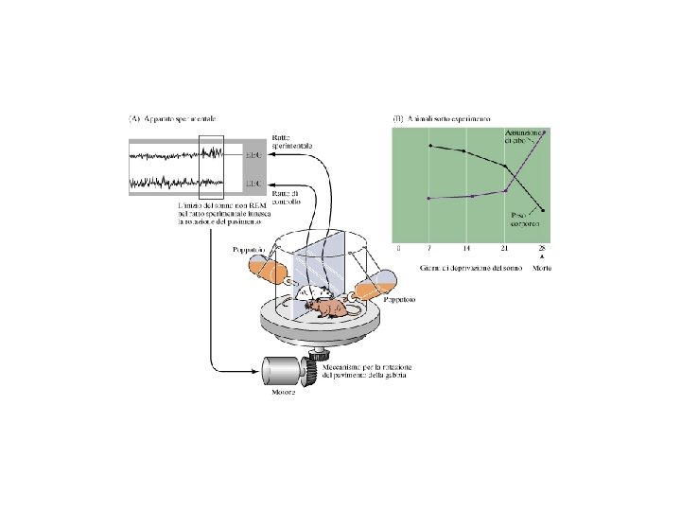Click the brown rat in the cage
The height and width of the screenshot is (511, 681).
(331, 309)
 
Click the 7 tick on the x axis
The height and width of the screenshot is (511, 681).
(429, 248)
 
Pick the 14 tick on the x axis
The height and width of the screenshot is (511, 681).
(467, 248)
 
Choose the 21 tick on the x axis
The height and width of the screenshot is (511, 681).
(505, 248)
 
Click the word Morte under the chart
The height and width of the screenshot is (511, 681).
(542, 268)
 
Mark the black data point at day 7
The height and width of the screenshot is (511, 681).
(429, 146)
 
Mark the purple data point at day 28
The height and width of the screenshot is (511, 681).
(544, 132)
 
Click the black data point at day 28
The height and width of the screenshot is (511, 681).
(544, 209)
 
